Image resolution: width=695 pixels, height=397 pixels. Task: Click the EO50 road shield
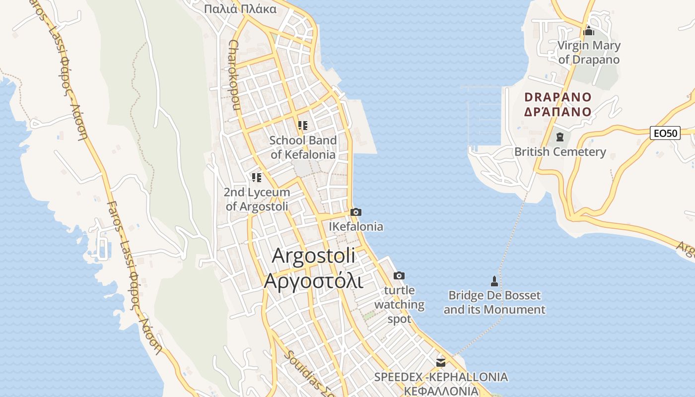pos(665,133)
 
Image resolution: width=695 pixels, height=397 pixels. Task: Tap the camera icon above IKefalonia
pos(355,212)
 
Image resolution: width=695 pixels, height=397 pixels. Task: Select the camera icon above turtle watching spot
pos(399,275)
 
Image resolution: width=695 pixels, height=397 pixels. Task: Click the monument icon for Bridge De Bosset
pos(494,281)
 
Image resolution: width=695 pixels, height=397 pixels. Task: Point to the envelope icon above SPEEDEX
pos(440,362)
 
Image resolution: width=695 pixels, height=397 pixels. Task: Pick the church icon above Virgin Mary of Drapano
pos(589,31)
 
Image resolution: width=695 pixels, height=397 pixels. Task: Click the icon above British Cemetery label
pos(560,136)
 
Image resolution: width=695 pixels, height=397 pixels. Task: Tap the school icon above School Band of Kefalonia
pos(303,126)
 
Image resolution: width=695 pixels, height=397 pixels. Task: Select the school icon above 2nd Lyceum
pos(256,177)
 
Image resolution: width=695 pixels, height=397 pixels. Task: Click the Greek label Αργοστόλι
pos(313,281)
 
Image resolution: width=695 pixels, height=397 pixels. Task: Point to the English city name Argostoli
pos(313,256)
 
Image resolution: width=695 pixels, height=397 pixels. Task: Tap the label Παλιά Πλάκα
pos(240,9)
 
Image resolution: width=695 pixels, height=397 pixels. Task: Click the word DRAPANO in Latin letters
pos(558,97)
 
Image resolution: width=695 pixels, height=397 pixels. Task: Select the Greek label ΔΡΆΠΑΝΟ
pos(558,112)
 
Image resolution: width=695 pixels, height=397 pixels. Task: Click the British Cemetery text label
pos(560,152)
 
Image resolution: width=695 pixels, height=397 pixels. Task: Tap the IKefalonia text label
pos(356,227)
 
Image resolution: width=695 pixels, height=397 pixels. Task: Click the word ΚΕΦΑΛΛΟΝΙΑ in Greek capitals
pos(441,391)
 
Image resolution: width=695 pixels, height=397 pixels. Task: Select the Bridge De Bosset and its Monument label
pos(494,303)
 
